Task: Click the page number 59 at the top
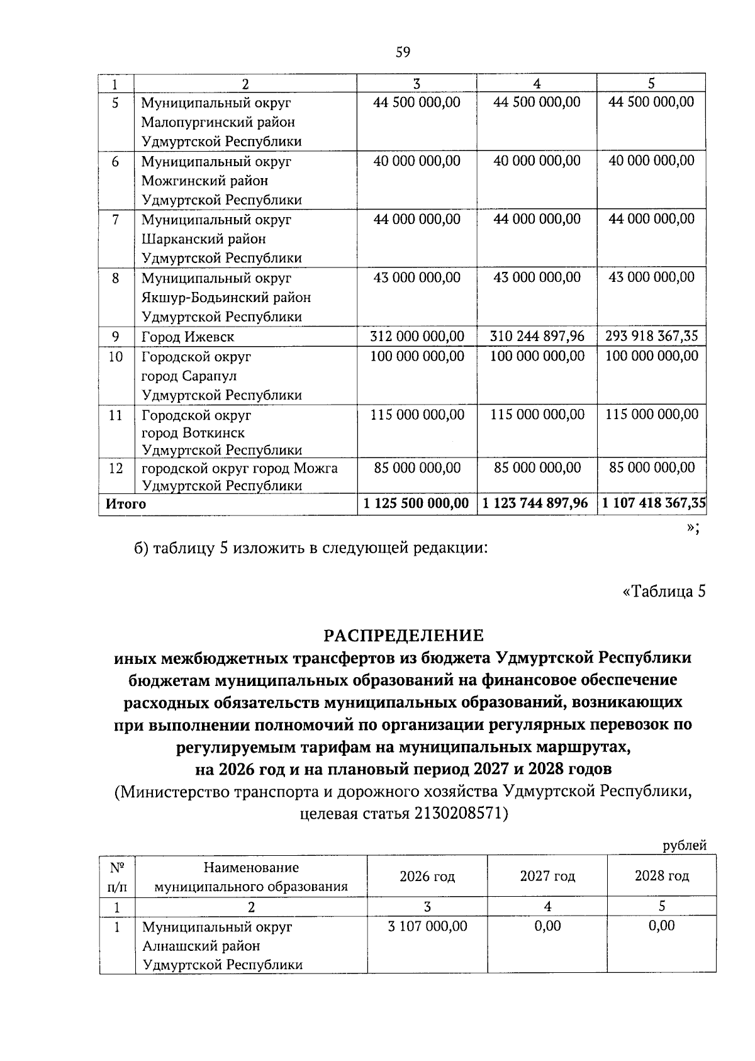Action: [403, 52]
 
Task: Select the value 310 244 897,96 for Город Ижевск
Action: [537, 337]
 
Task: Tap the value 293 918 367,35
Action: [651, 337]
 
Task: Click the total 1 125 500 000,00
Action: [417, 503]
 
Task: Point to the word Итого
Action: [126, 504]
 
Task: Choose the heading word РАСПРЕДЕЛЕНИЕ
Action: [403, 635]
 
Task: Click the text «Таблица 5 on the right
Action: [663, 592]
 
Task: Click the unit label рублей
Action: [685, 846]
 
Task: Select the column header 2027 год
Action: [547, 876]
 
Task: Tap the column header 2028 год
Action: [661, 876]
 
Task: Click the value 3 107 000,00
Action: [427, 926]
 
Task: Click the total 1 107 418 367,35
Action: [654, 503]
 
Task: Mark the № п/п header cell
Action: [117, 877]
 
